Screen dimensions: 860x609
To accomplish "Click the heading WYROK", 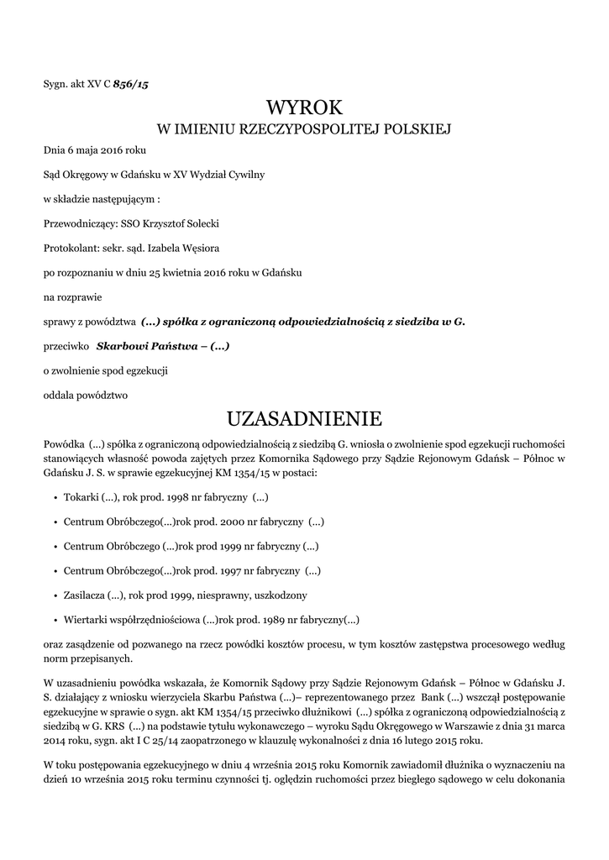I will pyautogui.click(x=304, y=108).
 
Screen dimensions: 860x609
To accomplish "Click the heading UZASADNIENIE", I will pyautogui.click(x=304, y=418).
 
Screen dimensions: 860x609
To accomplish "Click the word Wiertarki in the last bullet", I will pyautogui.click(x=84, y=620).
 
